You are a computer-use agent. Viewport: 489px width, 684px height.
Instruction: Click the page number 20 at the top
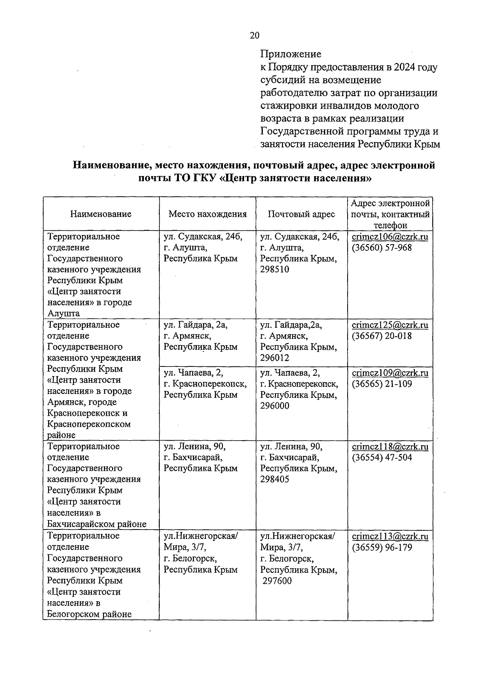pyautogui.click(x=254, y=35)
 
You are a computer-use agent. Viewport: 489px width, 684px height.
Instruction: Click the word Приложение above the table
pyautogui.click(x=291, y=54)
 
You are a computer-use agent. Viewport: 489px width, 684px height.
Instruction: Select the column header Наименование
pyautogui.click(x=101, y=214)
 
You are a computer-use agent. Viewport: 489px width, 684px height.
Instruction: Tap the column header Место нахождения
pyautogui.click(x=208, y=214)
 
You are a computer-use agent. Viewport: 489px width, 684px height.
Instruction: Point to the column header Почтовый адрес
pyautogui.click(x=302, y=214)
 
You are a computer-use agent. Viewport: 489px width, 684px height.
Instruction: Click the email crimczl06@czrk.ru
pyautogui.click(x=390, y=237)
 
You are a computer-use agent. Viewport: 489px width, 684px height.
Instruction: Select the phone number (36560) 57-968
pyautogui.click(x=382, y=248)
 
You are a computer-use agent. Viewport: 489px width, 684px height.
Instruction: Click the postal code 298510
pyautogui.click(x=275, y=269)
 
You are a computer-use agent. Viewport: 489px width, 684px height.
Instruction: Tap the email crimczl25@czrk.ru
pyautogui.click(x=390, y=325)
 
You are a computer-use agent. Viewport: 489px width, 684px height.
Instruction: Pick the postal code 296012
pyautogui.click(x=275, y=358)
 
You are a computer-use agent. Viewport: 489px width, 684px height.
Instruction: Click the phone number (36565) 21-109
pyautogui.click(x=382, y=384)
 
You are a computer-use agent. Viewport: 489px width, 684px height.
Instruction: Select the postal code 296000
pyautogui.click(x=275, y=406)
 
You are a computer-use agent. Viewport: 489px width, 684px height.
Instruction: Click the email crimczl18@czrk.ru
pyautogui.click(x=390, y=446)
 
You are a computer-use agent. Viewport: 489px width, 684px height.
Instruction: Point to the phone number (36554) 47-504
pyautogui.click(x=382, y=457)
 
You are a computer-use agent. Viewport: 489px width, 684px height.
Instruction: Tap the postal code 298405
pyautogui.click(x=275, y=479)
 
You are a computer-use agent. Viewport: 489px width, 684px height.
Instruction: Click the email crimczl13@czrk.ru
pyautogui.click(x=390, y=536)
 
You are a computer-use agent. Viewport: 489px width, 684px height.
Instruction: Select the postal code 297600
pyautogui.click(x=277, y=581)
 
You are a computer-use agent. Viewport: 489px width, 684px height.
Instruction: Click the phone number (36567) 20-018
pyautogui.click(x=382, y=336)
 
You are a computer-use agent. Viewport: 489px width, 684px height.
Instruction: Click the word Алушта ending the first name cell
pyautogui.click(x=64, y=313)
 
